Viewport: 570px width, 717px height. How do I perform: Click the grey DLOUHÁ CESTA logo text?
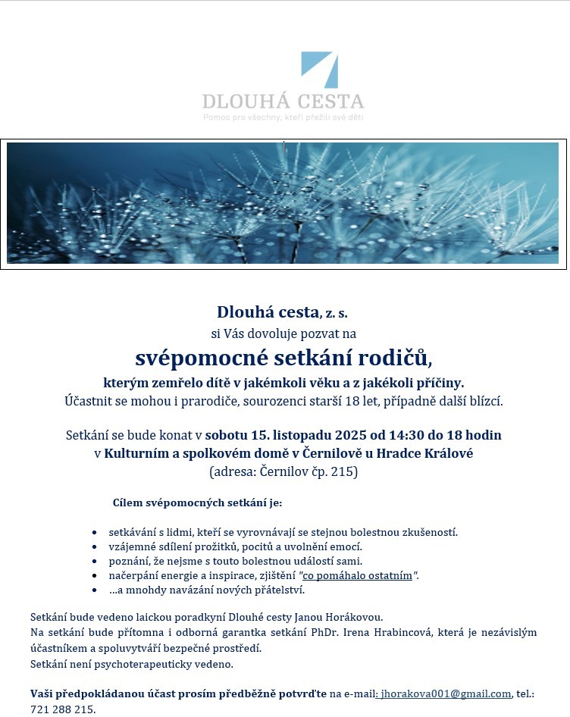tap(283, 102)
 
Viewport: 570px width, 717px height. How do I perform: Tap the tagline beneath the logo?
tap(283, 117)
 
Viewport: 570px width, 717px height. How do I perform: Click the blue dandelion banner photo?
tap(283, 203)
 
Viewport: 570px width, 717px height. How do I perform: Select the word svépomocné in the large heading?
tap(195, 356)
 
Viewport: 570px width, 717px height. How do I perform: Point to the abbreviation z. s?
tap(337, 312)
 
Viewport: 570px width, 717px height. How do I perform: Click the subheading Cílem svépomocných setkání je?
tap(196, 503)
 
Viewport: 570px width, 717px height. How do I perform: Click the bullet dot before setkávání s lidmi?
tap(93, 533)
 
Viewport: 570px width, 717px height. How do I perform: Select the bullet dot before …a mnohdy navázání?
tap(93, 590)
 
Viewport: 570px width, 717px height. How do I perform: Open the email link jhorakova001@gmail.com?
tap(446, 694)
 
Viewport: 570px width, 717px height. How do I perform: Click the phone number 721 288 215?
tap(63, 709)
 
